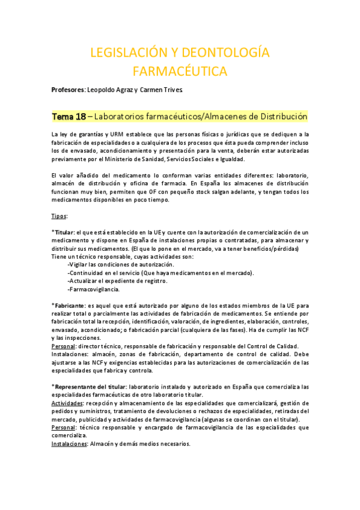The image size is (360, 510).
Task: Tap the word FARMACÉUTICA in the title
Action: click(180, 72)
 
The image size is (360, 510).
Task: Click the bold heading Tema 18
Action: click(69, 115)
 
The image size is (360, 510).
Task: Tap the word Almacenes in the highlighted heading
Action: click(230, 115)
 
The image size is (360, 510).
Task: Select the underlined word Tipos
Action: click(59, 215)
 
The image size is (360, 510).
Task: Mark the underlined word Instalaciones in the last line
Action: click(69, 444)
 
